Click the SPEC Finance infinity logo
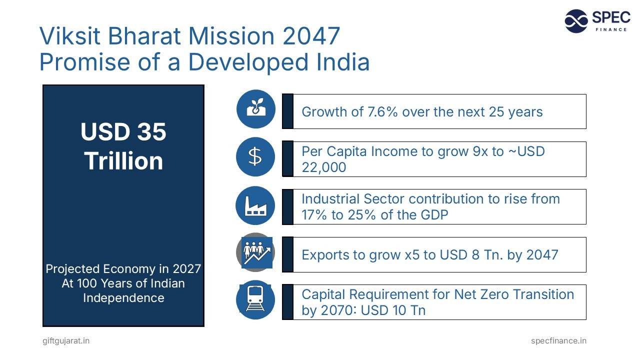[576, 21]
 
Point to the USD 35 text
[123, 132]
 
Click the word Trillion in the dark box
[123, 161]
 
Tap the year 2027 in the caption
[186, 269]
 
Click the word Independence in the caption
[123, 298]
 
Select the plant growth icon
[255, 109]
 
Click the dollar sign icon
[255, 157]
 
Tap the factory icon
[255, 205]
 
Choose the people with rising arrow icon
[256, 252]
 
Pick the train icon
[255, 300]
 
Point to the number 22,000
[323, 167]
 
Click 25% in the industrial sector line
[368, 214]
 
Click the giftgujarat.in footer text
[66, 340]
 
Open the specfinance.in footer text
[558, 340]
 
